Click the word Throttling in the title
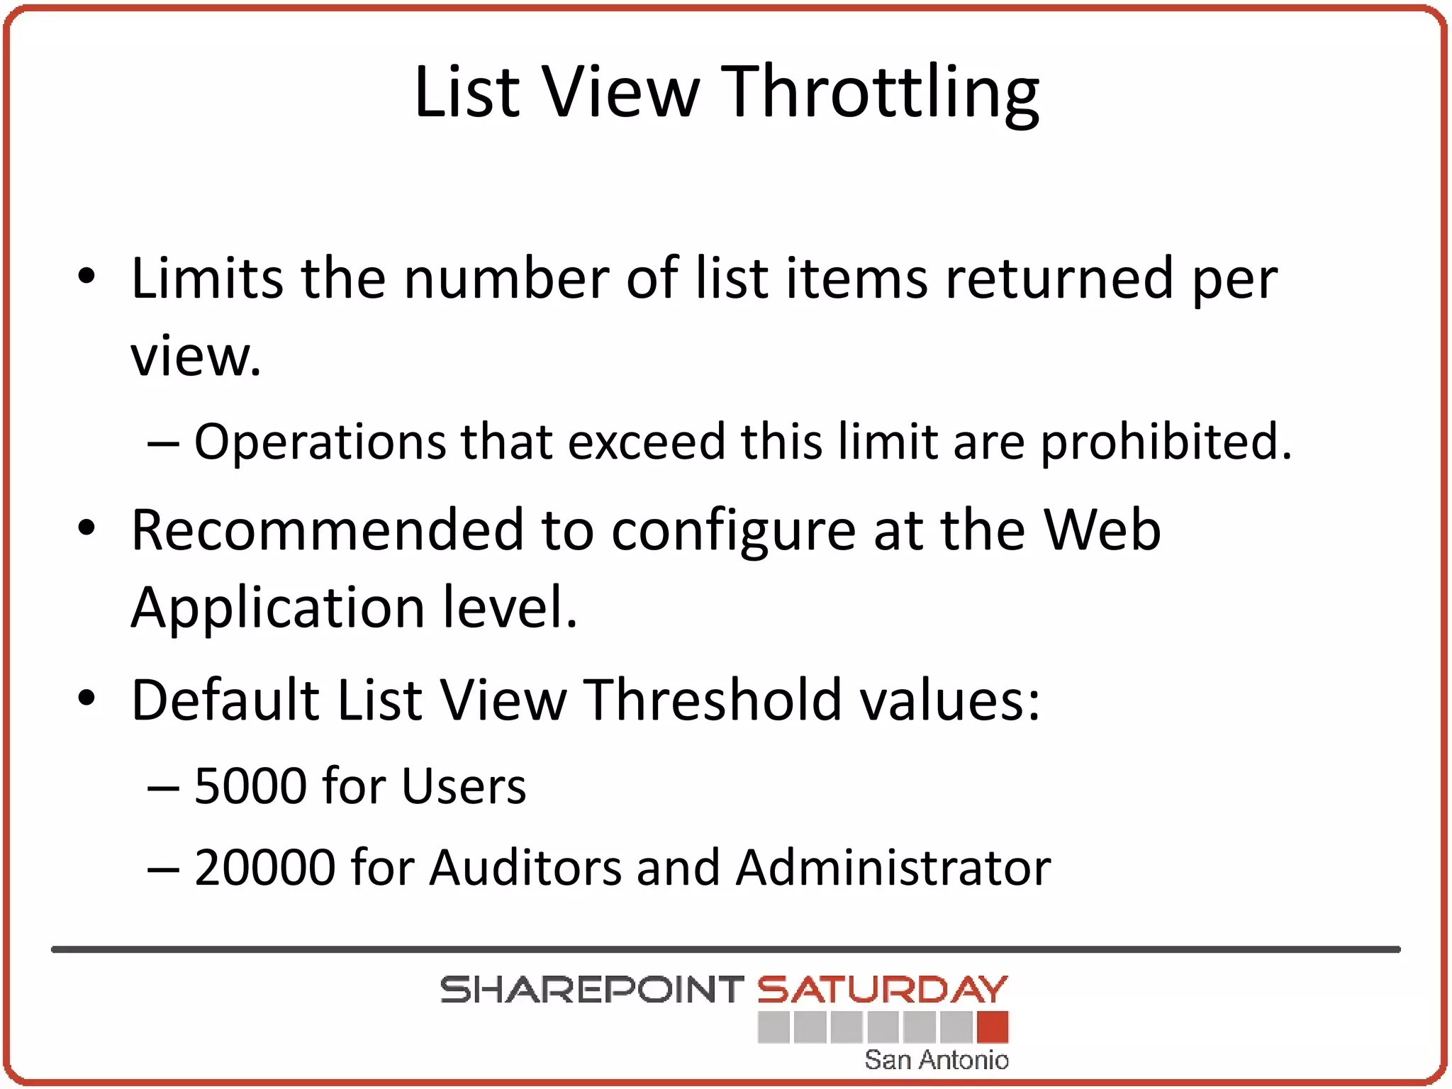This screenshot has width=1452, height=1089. point(882,93)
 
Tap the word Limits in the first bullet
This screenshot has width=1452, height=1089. point(206,278)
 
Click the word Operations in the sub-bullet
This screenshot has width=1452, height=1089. point(320,442)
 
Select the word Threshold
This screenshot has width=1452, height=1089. point(712,700)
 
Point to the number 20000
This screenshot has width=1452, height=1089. point(264,867)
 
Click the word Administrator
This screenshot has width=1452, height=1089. point(893,867)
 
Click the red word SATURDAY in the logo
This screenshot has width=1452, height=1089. point(882,990)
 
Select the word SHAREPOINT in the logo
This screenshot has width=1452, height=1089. point(591,990)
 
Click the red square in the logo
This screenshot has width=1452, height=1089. point(992,1027)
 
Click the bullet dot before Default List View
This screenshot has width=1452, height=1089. point(86,699)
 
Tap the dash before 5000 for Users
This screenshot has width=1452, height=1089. point(162,787)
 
